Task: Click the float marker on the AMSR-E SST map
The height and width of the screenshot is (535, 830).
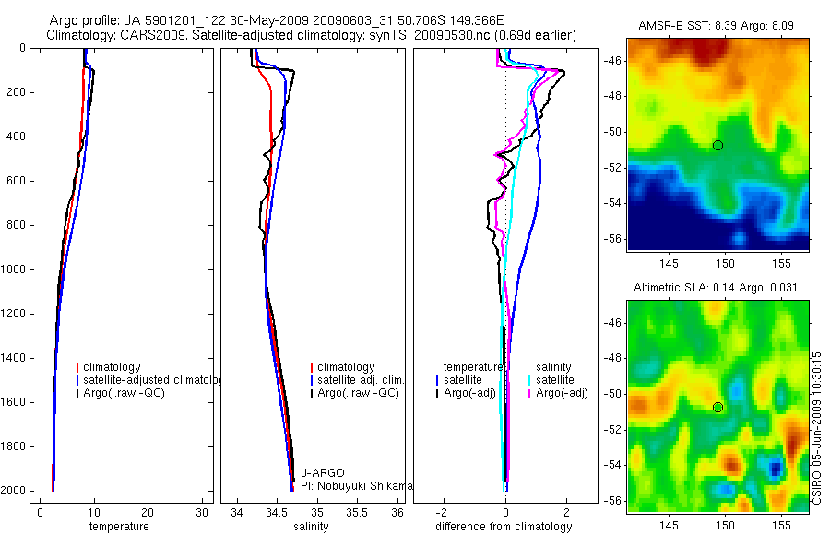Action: [x=717, y=145]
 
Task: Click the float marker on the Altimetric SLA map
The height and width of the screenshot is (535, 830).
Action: [x=717, y=407]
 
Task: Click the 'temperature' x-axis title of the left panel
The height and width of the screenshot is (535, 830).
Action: [x=118, y=527]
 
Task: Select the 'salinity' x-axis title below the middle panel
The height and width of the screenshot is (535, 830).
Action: [x=309, y=527]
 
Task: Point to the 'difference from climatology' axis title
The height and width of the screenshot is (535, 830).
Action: [x=504, y=527]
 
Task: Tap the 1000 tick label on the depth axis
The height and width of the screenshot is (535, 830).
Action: [x=15, y=269]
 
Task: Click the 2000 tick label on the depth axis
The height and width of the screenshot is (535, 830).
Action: [x=15, y=491]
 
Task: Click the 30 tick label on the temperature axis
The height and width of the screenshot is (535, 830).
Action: [x=202, y=513]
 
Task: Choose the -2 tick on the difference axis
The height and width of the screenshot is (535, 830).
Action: [x=443, y=513]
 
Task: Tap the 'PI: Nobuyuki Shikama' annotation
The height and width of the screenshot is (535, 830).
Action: [x=351, y=486]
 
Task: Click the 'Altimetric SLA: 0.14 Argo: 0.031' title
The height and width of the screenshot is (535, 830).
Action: [x=716, y=289]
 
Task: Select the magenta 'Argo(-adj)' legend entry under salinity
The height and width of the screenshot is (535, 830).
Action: [x=562, y=393]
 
